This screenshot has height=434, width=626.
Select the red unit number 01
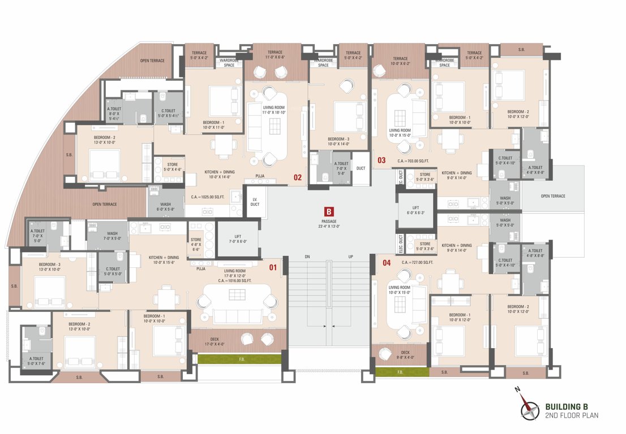tap(272, 267)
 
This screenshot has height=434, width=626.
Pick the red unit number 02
tap(297, 177)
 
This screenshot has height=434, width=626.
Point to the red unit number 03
tap(381, 160)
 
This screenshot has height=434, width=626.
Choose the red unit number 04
tap(387, 262)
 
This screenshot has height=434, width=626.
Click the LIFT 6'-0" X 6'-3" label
tap(415, 210)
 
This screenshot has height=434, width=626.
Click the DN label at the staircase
tap(307, 257)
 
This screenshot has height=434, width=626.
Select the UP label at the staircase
tap(351, 257)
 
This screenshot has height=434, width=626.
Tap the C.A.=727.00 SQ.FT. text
tap(417, 263)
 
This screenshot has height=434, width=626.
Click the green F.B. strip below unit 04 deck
tap(400, 372)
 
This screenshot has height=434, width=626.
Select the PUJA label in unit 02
tap(260, 176)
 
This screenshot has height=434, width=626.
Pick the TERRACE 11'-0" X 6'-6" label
tap(276, 55)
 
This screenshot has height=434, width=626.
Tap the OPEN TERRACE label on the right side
tap(552, 196)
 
